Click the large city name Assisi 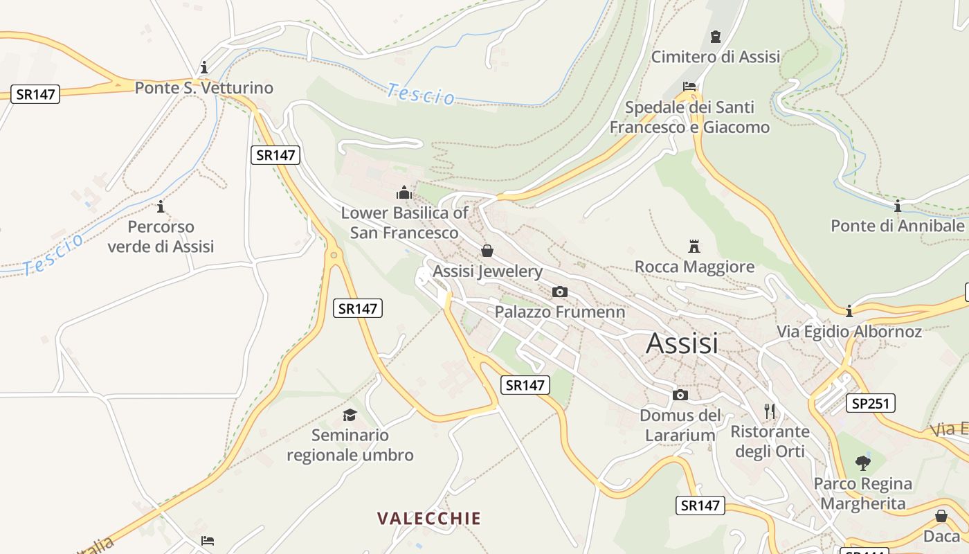click(x=682, y=343)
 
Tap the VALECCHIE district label click(x=428, y=518)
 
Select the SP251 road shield click(x=870, y=403)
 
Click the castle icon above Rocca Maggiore click(x=694, y=246)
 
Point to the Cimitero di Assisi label click(x=715, y=57)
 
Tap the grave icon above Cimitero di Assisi click(x=715, y=37)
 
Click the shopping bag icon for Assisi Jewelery click(x=487, y=251)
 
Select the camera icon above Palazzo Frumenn click(x=559, y=292)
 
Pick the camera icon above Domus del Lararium click(x=680, y=395)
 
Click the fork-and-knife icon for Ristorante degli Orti click(x=770, y=411)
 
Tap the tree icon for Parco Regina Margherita click(x=862, y=463)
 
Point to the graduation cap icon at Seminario click(x=350, y=415)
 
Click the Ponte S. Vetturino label click(x=203, y=88)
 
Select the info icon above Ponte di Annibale click(x=897, y=206)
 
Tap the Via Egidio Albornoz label click(x=849, y=332)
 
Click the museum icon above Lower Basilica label click(x=404, y=192)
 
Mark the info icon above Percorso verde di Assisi click(x=161, y=206)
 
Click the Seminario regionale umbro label click(x=350, y=445)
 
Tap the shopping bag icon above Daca click(x=941, y=516)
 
